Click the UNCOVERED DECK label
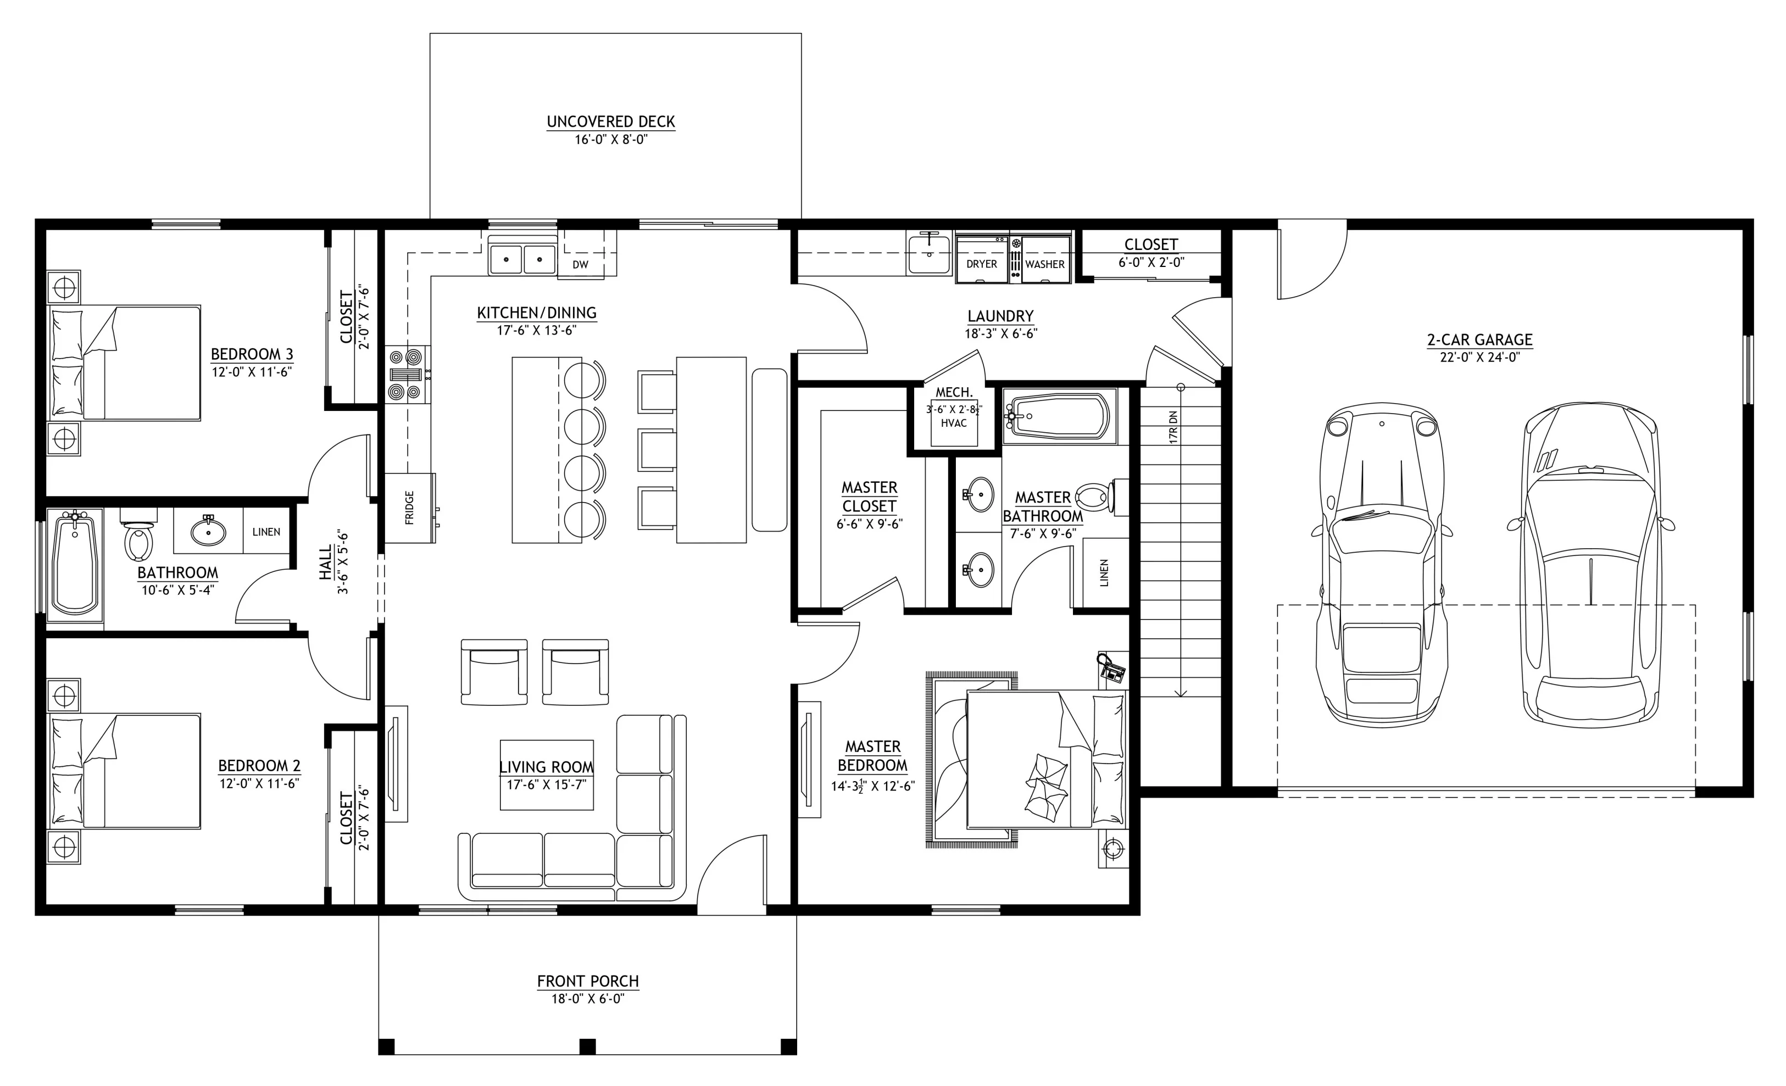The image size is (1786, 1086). click(x=611, y=122)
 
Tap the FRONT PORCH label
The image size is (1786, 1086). click(x=588, y=982)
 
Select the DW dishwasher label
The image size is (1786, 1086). click(x=581, y=265)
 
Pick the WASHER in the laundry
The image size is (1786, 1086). click(x=1044, y=255)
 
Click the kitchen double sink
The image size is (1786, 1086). click(x=522, y=256)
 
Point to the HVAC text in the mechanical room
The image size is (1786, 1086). click(x=954, y=424)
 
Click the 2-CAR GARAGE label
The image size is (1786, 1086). click(x=1480, y=339)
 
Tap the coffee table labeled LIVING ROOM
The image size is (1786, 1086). click(x=547, y=775)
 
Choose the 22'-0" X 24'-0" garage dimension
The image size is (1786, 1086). click(x=1479, y=357)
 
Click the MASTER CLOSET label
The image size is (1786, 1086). click(x=869, y=497)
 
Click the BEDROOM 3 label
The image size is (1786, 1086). click(x=252, y=354)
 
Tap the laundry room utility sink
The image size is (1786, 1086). click(x=929, y=254)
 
